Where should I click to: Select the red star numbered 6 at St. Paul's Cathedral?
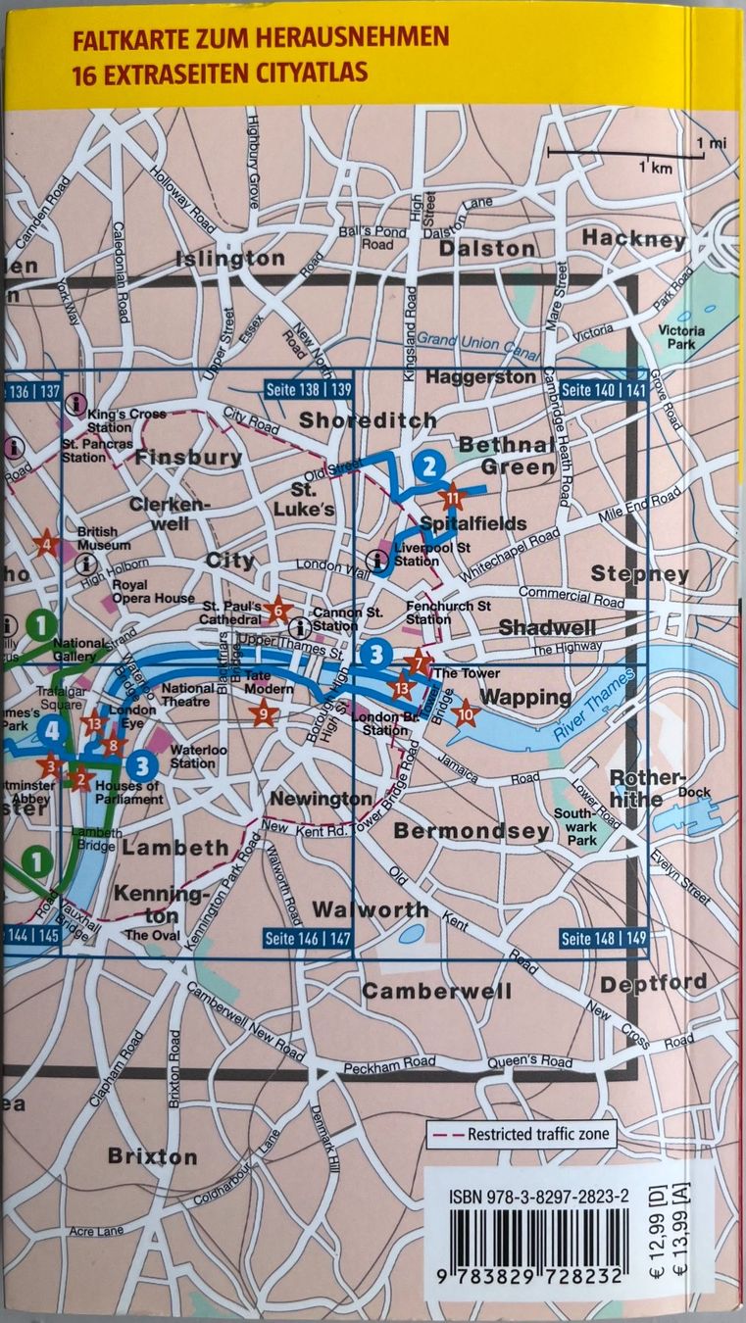click(x=277, y=612)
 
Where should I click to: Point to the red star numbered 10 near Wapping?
click(x=466, y=713)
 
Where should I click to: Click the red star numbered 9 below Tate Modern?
click(x=264, y=715)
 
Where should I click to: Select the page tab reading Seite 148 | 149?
click(x=603, y=939)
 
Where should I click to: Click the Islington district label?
click(x=230, y=259)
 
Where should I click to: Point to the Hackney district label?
click(x=632, y=238)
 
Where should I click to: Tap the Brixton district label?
click(x=152, y=1156)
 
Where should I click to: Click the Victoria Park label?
click(x=680, y=338)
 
